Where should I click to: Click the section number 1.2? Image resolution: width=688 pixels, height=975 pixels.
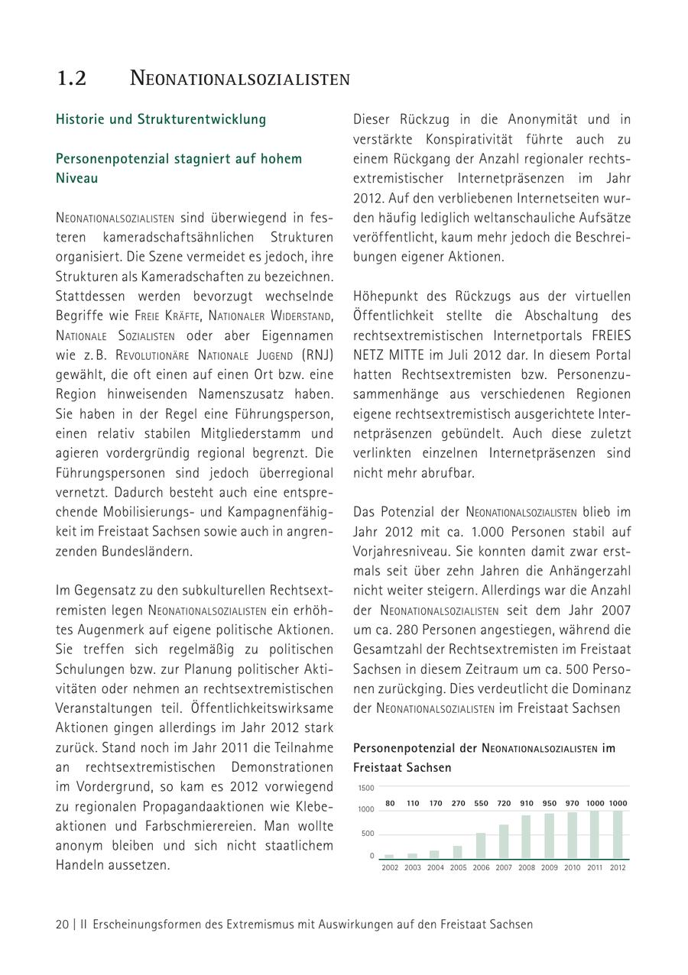point(71,78)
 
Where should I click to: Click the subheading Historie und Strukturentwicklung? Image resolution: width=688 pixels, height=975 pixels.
point(161,119)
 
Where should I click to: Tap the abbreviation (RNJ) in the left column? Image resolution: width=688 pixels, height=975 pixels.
point(317,355)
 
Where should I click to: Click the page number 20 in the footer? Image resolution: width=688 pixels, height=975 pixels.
point(62,924)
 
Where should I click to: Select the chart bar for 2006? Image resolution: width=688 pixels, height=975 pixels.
point(481,846)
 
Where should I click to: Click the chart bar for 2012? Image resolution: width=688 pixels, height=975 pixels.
point(618,834)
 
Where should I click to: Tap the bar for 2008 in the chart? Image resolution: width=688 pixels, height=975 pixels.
point(527,837)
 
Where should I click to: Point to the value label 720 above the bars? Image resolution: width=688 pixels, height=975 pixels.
point(504,803)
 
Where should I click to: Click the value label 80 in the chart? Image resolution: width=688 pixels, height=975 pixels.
point(390,803)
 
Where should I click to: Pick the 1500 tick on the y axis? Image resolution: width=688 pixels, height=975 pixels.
point(366,788)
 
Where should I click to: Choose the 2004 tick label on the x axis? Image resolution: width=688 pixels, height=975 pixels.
point(435,868)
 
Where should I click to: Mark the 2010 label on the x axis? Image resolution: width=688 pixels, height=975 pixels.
point(572,868)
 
